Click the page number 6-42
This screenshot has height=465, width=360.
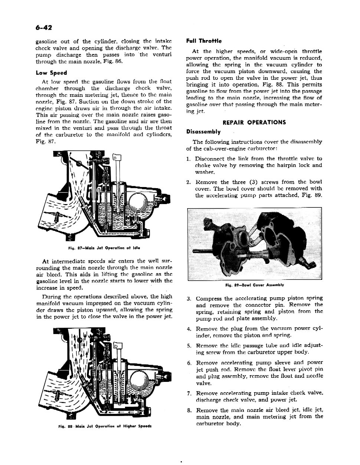tap(43, 28)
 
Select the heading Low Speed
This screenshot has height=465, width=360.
tap(51, 73)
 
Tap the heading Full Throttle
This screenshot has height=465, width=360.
tap(204, 41)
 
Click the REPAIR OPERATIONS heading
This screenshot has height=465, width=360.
tap(254, 122)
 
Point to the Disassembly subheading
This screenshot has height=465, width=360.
tap(203, 132)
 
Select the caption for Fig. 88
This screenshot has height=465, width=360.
tap(105, 426)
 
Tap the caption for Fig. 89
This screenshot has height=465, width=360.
tap(255, 285)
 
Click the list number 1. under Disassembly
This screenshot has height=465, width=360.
tap(189, 159)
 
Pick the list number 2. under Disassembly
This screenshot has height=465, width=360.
tap(189, 182)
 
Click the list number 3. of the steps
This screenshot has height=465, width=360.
tap(189, 298)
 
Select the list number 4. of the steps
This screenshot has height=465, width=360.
tap(189, 329)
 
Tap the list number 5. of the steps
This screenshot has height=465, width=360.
tap(189, 346)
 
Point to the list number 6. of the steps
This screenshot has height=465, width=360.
tap(189, 363)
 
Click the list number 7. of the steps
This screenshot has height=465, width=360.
tap(189, 393)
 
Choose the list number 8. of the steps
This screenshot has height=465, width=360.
tap(189, 410)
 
